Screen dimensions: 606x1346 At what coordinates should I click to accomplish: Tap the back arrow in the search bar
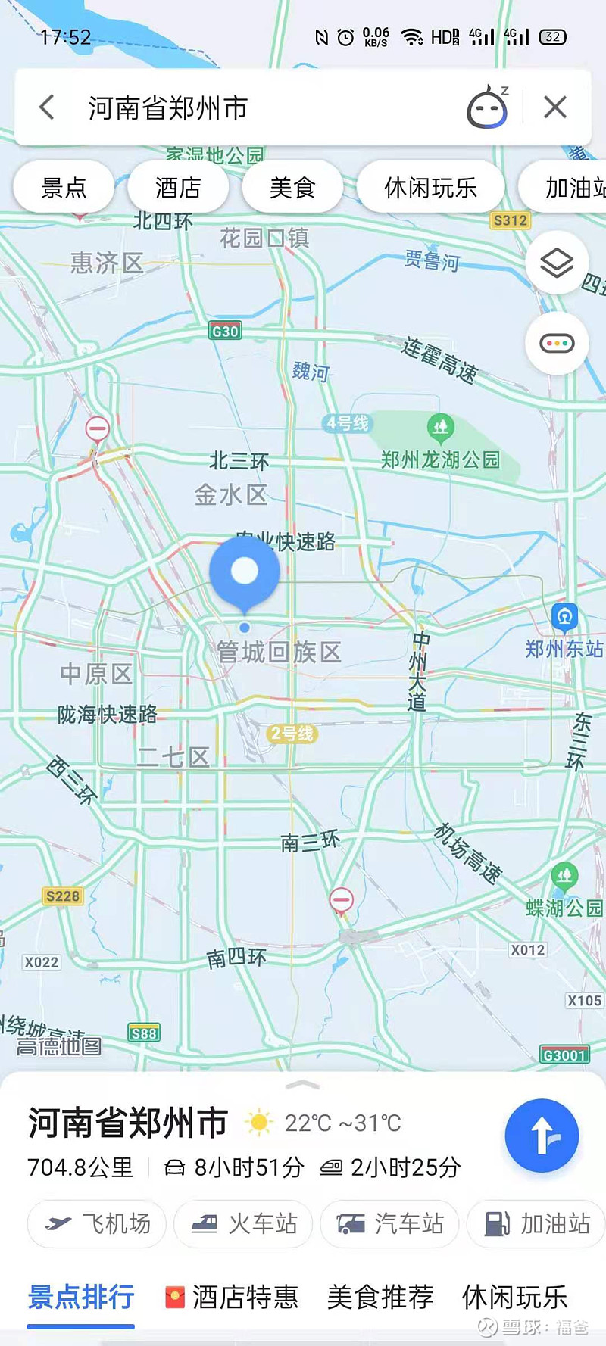(x=47, y=107)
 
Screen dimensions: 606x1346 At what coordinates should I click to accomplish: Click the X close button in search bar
(x=555, y=107)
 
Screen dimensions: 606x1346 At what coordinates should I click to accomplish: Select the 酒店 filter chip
(x=178, y=187)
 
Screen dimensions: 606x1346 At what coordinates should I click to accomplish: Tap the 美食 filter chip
(x=292, y=187)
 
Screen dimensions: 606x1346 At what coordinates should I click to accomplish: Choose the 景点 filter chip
(x=64, y=187)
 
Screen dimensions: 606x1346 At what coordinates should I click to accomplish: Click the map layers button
(x=557, y=263)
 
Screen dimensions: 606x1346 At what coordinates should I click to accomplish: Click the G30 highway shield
(x=225, y=331)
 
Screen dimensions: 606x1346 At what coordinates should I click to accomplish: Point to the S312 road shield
(x=510, y=220)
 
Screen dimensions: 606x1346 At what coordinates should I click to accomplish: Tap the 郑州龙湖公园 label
(x=440, y=460)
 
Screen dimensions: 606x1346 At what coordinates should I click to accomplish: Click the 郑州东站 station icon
(x=564, y=617)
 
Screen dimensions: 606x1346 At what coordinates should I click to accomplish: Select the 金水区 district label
(x=230, y=495)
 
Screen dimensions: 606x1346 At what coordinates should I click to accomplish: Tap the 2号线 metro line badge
(x=292, y=733)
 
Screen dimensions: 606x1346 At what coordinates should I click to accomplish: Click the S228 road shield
(x=62, y=896)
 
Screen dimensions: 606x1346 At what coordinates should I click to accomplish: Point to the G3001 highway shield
(x=565, y=1055)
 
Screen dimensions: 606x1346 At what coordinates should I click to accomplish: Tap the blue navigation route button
(x=542, y=1136)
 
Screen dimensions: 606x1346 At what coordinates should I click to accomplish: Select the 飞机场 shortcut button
(x=97, y=1223)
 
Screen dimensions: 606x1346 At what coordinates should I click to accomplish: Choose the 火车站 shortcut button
(x=243, y=1223)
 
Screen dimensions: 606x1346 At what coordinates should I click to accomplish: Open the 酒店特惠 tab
(x=232, y=1297)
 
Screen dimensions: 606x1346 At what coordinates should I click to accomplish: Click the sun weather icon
(x=258, y=1123)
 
